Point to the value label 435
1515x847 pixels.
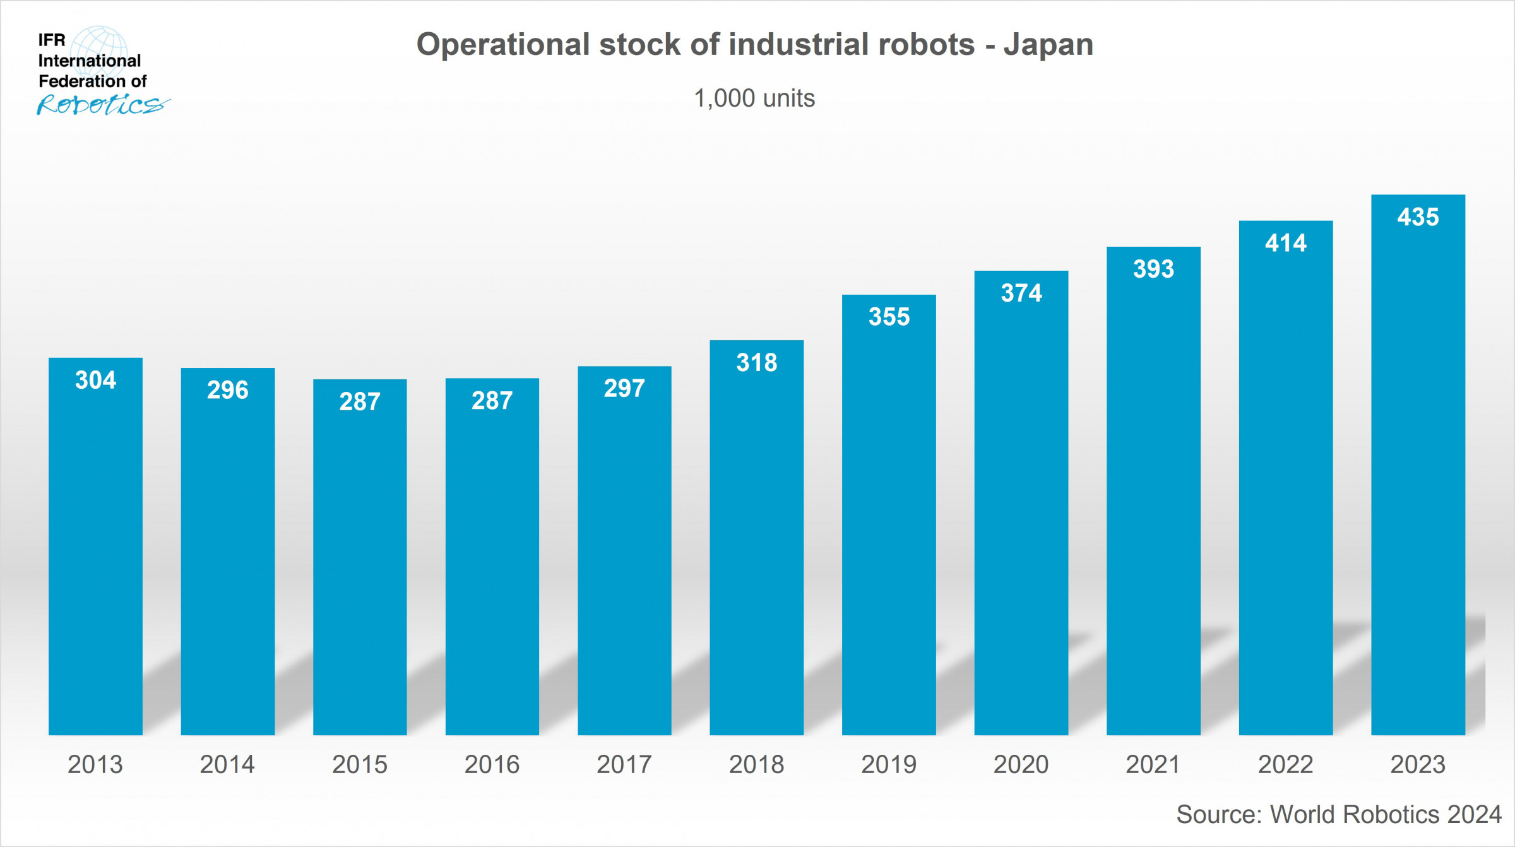(x=1418, y=217)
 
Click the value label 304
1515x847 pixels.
(x=95, y=380)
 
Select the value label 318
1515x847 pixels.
(x=756, y=362)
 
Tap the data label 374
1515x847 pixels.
(x=1021, y=293)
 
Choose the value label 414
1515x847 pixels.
(x=1285, y=243)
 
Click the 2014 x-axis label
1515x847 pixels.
(x=227, y=764)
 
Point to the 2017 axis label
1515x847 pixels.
(x=624, y=764)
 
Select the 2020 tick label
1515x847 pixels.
(x=1021, y=764)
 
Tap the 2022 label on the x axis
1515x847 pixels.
(x=1285, y=764)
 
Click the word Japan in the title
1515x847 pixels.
(x=1049, y=45)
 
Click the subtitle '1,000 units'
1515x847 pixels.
(x=754, y=98)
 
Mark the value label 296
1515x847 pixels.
(x=227, y=390)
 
